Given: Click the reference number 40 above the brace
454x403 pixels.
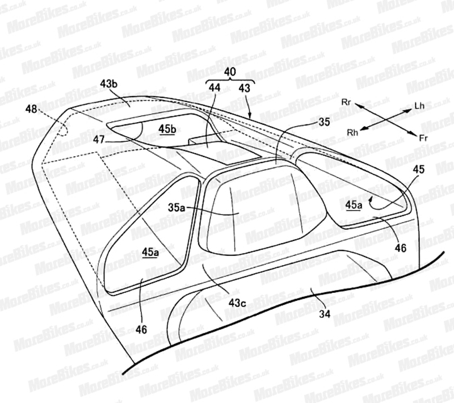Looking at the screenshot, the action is click(x=230, y=72).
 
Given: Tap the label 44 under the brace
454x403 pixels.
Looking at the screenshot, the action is click(x=215, y=87).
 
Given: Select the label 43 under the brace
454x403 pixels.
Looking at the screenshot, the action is click(x=245, y=88).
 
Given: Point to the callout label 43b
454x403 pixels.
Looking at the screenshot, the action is click(x=109, y=84).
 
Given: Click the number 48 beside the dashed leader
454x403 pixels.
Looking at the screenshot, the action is click(x=31, y=109).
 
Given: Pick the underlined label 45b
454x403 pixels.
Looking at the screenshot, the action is click(x=167, y=129).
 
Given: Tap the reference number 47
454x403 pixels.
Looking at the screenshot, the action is click(x=99, y=140).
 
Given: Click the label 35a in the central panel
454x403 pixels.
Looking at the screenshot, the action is click(x=176, y=208).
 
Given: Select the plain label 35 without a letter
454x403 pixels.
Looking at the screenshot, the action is click(x=323, y=122).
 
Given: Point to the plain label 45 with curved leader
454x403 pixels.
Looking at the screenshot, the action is click(x=419, y=169).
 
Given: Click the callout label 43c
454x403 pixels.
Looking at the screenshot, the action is click(x=237, y=303).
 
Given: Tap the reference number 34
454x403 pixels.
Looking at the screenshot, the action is click(x=325, y=314).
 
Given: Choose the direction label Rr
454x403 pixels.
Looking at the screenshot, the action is click(x=346, y=102).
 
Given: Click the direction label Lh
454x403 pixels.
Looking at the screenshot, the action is click(x=419, y=106).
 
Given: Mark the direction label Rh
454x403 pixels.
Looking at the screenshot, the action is click(x=352, y=133).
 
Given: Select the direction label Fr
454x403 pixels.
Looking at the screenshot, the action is click(x=423, y=138).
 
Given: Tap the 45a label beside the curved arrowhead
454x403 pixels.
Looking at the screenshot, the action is click(x=354, y=205).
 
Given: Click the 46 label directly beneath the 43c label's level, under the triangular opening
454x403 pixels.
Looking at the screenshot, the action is click(x=141, y=329).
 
